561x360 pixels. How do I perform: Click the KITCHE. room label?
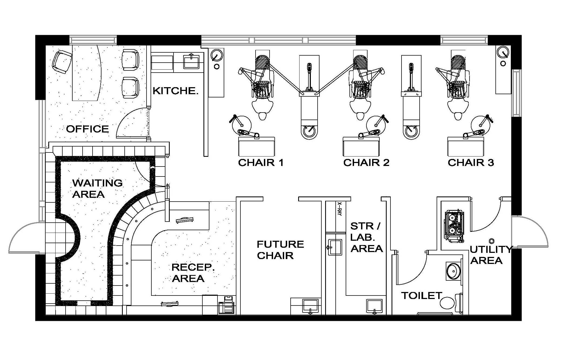click(x=175, y=91)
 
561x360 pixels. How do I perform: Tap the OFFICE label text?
click(x=87, y=129)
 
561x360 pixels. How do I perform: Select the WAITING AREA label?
click(x=97, y=189)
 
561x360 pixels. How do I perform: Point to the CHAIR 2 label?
click(x=366, y=162)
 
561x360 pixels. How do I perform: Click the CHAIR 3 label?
click(x=471, y=162)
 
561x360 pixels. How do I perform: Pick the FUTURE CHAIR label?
click(x=280, y=250)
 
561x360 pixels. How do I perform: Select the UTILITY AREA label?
click(x=491, y=255)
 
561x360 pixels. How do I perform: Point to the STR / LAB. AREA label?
click(x=366, y=237)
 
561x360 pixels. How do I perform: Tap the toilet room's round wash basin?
click(x=453, y=271)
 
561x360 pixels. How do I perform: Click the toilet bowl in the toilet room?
click(x=451, y=303)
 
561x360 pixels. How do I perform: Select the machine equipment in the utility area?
click(x=454, y=226)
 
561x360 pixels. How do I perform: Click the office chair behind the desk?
click(x=62, y=62)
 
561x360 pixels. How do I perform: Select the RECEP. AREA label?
click(x=193, y=273)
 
